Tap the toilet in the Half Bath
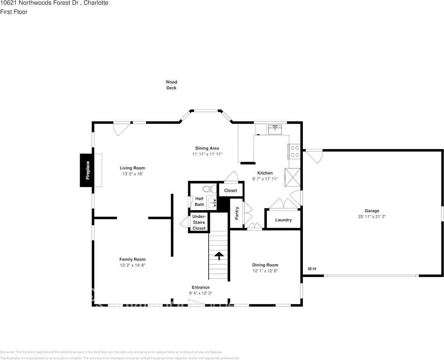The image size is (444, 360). pyautogui.click(x=208, y=189)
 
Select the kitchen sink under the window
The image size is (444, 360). pyautogui.click(x=275, y=130)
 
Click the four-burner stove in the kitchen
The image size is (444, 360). pyautogui.click(x=294, y=151)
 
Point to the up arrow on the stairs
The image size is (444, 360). pyautogui.click(x=219, y=255)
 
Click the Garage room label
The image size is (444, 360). pyautogui.click(x=372, y=211)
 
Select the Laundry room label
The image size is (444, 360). pyautogui.click(x=283, y=220)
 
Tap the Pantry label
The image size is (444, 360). pyautogui.click(x=237, y=213)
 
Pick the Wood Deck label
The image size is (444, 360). pyautogui.click(x=171, y=85)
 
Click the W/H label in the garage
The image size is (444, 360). pyautogui.click(x=312, y=269)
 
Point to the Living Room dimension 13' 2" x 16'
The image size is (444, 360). pyautogui.click(x=132, y=174)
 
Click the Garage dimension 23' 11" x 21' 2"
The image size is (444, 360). pyautogui.click(x=372, y=217)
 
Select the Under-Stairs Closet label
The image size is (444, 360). pyautogui.click(x=199, y=222)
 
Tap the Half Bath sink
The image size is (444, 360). pyautogui.click(x=212, y=203)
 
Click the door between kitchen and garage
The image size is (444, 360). pyautogui.click(x=314, y=156)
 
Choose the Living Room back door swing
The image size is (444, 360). pyautogui.click(x=122, y=129)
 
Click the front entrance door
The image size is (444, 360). pyautogui.click(x=196, y=303)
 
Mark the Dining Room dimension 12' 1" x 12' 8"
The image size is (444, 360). pyautogui.click(x=265, y=271)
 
